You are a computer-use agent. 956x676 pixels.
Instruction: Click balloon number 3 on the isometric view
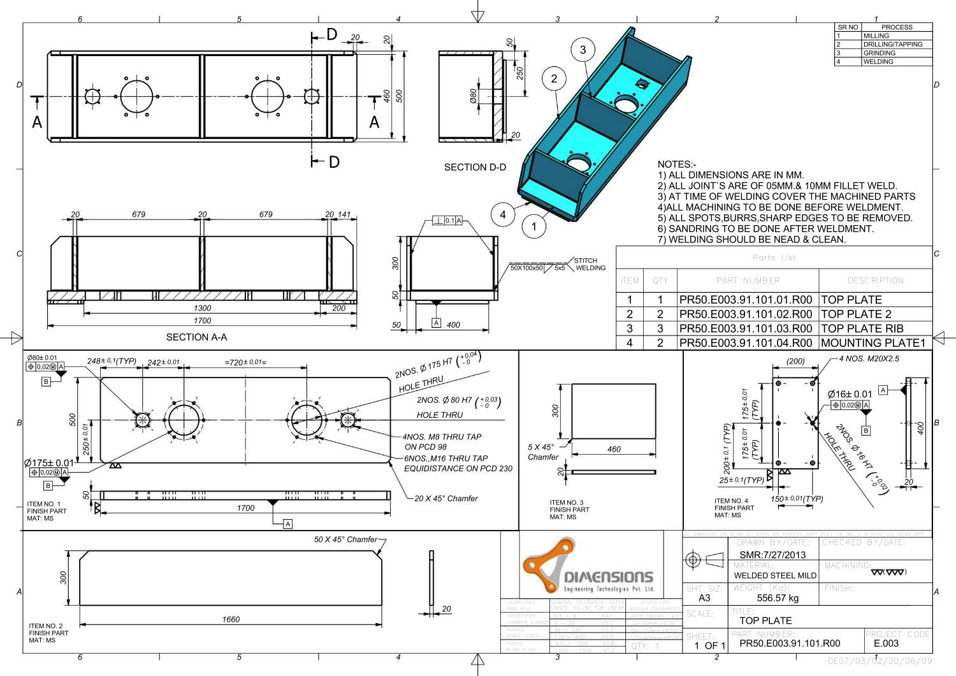tap(583, 50)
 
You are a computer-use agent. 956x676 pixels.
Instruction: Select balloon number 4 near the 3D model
tap(503, 214)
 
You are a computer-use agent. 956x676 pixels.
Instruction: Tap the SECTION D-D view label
tap(475, 167)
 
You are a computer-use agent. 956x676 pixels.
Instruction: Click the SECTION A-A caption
tap(196, 337)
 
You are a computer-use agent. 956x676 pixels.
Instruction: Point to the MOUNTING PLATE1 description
tap(873, 343)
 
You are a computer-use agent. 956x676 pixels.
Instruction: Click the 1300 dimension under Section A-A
tap(202, 308)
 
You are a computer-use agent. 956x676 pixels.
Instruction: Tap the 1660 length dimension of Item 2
tap(231, 619)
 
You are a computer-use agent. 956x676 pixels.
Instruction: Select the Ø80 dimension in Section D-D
tap(473, 96)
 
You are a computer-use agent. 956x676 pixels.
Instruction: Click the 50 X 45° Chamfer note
tap(345, 540)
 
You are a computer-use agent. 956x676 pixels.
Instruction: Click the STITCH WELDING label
tap(590, 264)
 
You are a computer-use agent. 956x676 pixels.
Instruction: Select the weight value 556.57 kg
tap(778, 598)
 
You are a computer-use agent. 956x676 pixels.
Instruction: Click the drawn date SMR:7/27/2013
tap(772, 555)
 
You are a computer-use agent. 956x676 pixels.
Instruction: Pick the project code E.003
tap(886, 643)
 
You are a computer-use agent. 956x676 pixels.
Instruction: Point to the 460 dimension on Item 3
tap(614, 449)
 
